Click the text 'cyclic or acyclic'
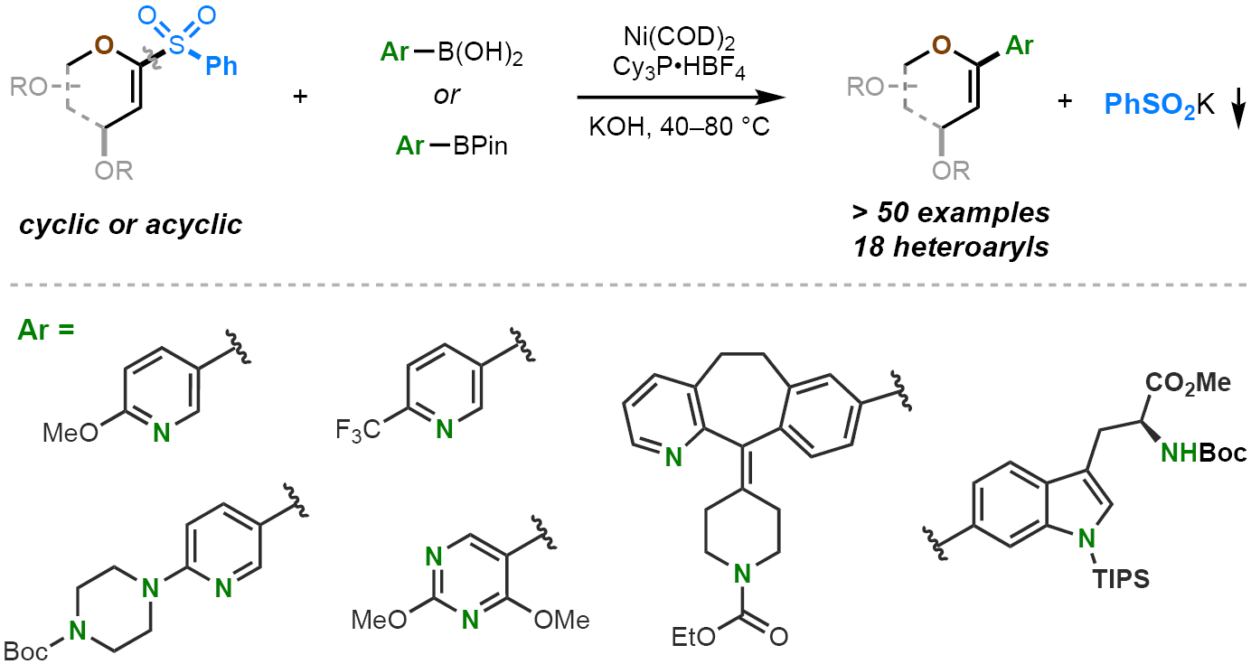point(131,223)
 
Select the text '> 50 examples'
point(951,213)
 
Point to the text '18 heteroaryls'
point(951,247)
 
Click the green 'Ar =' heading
point(45,329)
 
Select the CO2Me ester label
point(1189,382)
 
